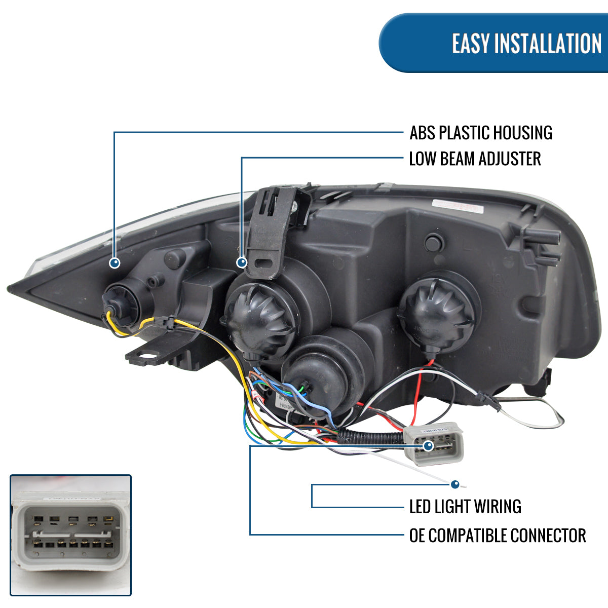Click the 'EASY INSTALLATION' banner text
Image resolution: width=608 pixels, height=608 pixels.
click(526, 44)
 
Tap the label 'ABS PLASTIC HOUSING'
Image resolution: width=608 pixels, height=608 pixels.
click(480, 133)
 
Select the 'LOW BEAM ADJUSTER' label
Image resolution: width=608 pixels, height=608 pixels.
click(475, 159)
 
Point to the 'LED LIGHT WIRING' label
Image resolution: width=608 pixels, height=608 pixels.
click(465, 506)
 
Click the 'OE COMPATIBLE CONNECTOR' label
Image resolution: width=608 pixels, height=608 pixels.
click(497, 535)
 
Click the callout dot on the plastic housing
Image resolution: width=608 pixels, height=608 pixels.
click(115, 262)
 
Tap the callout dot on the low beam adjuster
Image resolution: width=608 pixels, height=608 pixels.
click(242, 262)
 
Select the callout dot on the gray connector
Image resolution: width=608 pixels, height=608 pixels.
click(428, 446)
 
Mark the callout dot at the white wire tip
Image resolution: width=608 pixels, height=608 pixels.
click(455, 484)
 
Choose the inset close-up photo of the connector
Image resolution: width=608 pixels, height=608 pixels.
click(70, 535)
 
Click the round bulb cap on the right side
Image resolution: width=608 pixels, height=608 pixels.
click(437, 311)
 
